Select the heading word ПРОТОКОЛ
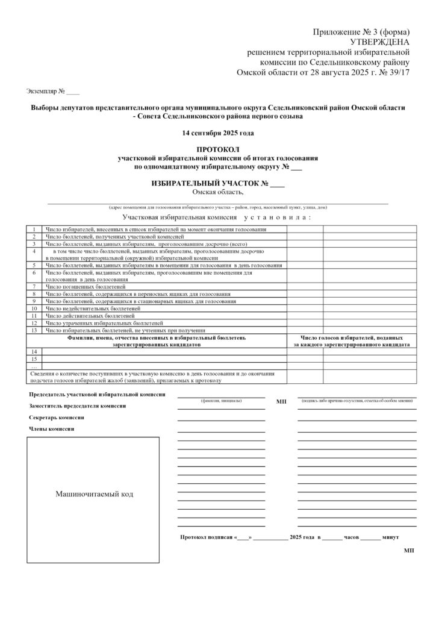point(217,149)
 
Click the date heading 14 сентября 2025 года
point(217,133)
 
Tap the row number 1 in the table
point(34,230)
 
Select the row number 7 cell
point(34,287)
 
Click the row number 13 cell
point(34,330)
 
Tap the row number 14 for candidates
point(34,351)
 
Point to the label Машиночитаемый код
point(95,494)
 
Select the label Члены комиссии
point(51,428)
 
